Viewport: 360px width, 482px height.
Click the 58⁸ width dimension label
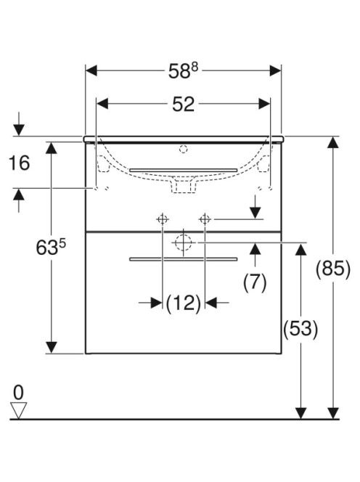click(183, 71)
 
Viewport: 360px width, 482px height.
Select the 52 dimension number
click(183, 105)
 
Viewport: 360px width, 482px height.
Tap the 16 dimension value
click(20, 163)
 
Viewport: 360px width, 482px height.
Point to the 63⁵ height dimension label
click(51, 248)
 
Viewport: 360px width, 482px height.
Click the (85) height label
click(333, 269)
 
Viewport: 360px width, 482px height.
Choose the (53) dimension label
click(300, 329)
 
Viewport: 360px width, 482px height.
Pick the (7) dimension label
click(255, 282)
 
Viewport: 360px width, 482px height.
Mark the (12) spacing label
click(183, 303)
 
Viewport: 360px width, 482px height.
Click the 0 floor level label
click(18, 393)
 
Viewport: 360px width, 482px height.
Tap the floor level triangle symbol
click(18, 410)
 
